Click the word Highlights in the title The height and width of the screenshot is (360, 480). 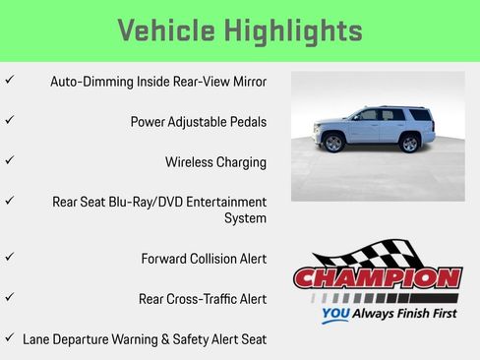coord(299,30)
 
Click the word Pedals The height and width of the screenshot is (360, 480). coord(246,122)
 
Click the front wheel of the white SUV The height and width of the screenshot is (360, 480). coord(333,144)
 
